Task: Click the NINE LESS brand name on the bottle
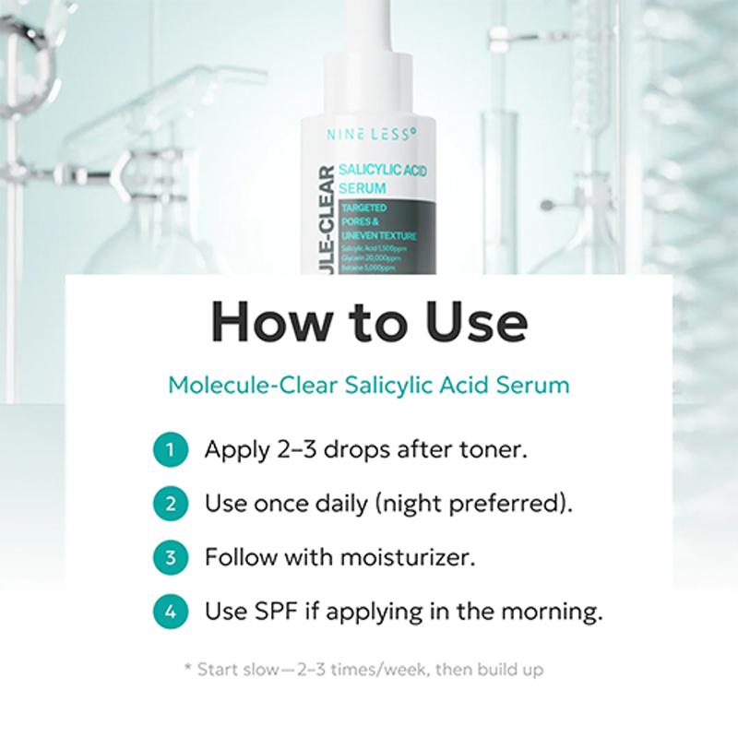pos(372,134)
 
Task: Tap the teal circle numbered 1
pos(170,451)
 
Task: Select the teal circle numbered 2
pos(170,505)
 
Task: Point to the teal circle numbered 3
pos(170,558)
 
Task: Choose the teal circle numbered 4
pos(170,611)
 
